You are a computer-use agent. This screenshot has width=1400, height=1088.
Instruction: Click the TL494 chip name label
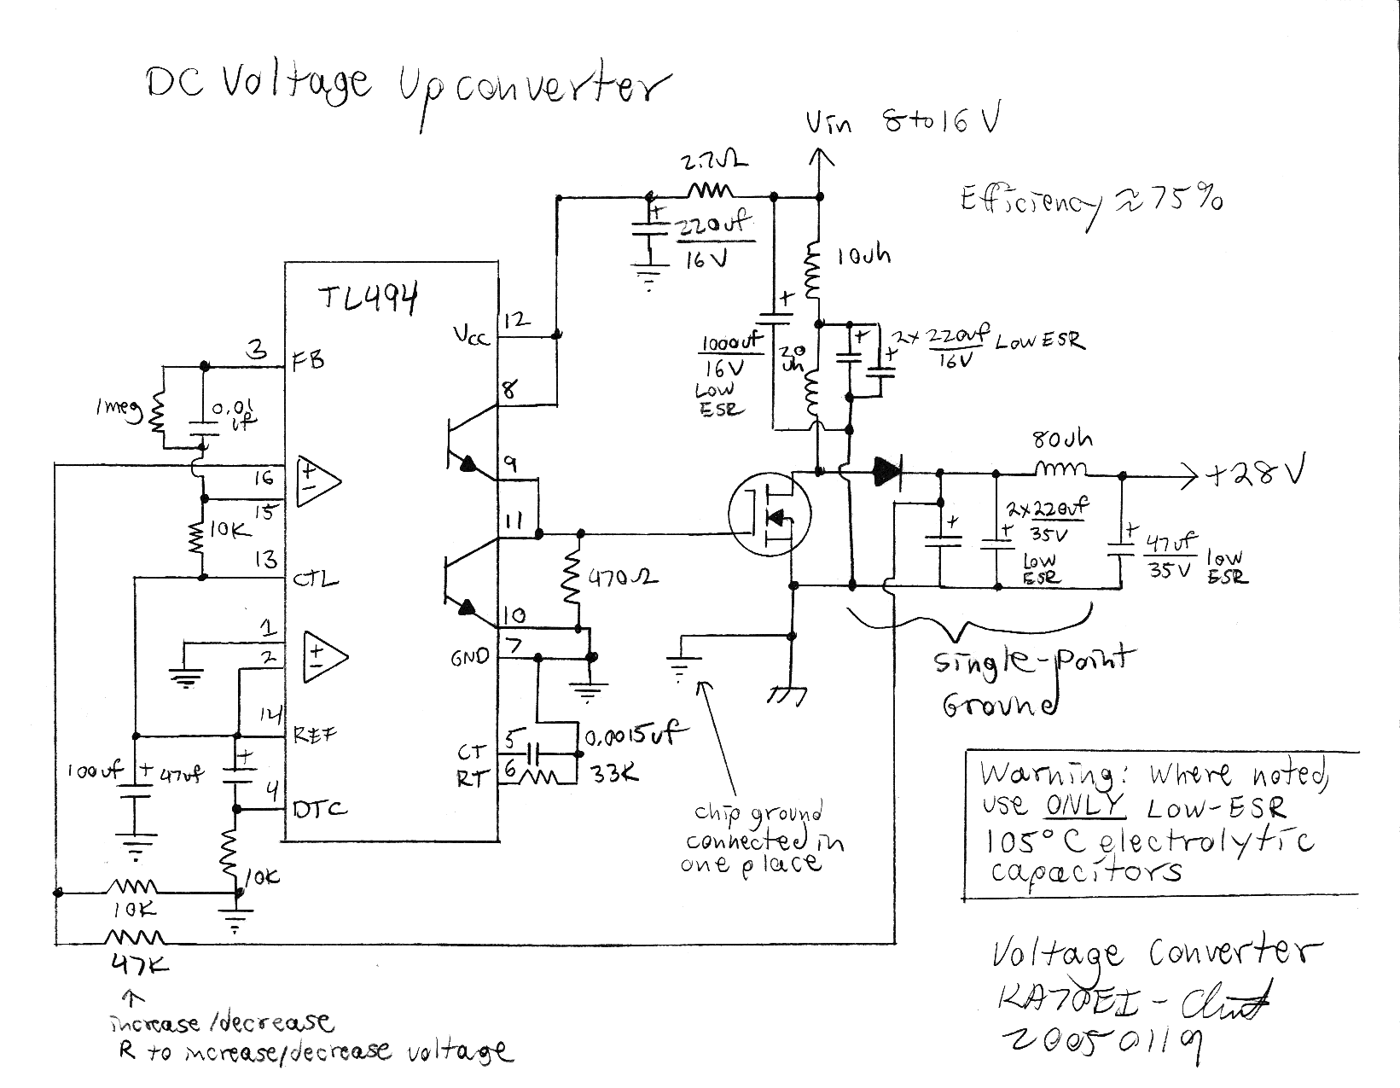click(369, 300)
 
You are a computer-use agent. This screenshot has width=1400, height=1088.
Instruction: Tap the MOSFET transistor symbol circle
click(770, 515)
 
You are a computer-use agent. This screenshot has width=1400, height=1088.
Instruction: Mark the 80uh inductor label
click(1061, 440)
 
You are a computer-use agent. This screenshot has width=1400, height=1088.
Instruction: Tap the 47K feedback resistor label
click(140, 966)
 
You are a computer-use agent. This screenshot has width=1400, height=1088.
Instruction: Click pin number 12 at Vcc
click(517, 321)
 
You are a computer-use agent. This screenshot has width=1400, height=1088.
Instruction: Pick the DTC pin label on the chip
click(319, 809)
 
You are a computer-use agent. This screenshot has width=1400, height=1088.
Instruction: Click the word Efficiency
click(1028, 203)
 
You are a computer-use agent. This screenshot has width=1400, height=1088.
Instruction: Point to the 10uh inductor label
click(863, 254)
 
